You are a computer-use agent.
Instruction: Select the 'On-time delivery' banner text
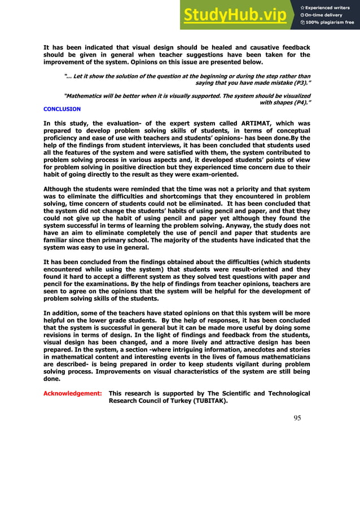point(326,15)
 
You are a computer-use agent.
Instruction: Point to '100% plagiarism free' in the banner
point(330,23)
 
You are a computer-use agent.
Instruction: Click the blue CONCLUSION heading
point(62,109)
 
